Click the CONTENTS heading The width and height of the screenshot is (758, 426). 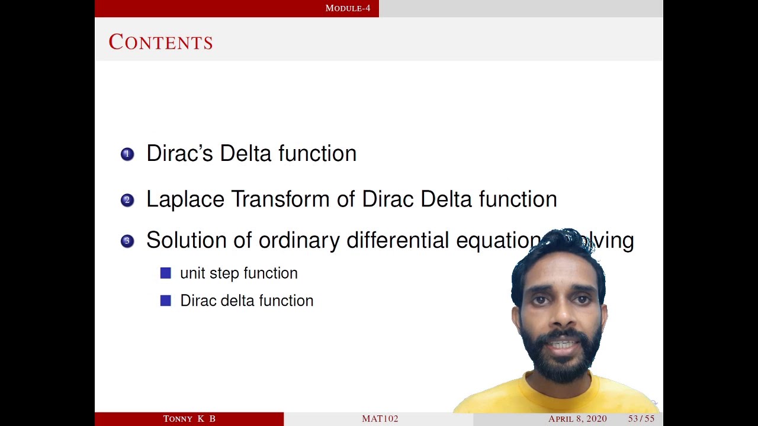point(160,42)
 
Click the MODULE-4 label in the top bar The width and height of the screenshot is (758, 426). point(348,8)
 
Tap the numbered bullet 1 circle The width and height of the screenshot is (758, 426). point(127,154)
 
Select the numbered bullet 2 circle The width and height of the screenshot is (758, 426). point(127,200)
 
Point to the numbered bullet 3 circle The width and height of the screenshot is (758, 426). point(127,241)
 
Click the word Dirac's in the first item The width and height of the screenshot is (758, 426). point(180,153)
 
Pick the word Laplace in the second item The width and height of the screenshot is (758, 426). point(185,199)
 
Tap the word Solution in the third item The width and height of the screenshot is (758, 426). point(186,240)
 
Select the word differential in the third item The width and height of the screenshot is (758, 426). point(397,240)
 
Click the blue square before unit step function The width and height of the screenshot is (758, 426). point(166,273)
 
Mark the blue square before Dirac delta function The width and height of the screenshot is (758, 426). point(166,301)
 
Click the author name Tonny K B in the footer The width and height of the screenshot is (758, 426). point(189,419)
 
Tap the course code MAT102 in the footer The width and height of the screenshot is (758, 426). point(380,419)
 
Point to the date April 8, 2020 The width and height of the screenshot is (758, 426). point(577,419)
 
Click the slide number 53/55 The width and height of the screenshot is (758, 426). point(641,419)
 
